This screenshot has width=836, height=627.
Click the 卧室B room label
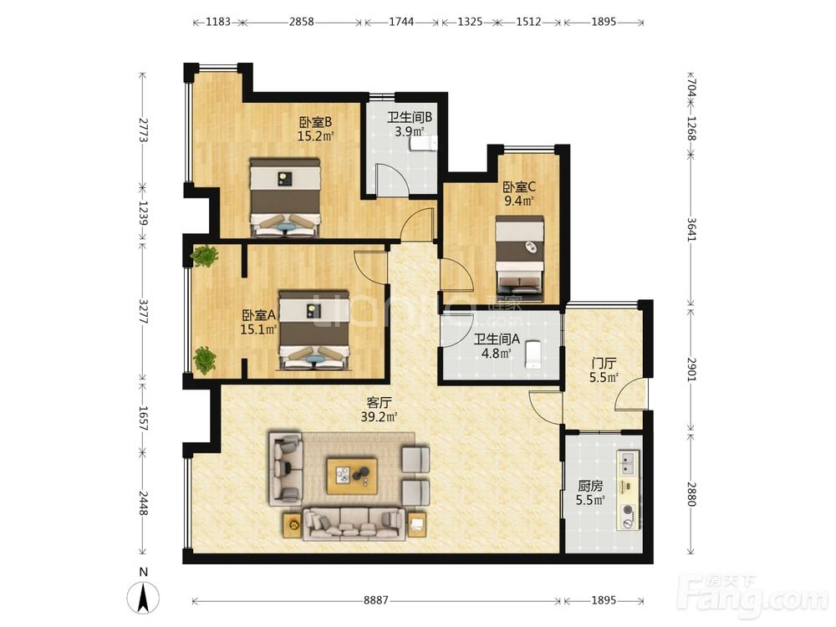point(315,129)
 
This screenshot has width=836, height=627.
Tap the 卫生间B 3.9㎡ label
point(409,124)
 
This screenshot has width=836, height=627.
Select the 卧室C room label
point(519,194)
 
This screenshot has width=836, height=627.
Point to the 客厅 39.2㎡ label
point(379,410)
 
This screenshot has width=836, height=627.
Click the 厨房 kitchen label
point(590,493)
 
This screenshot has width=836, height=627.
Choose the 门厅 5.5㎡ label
point(604,370)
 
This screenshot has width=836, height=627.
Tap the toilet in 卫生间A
point(533,354)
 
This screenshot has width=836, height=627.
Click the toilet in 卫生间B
point(423,144)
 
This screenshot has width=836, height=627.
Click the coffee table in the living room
point(352,475)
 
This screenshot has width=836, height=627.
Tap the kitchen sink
point(628,463)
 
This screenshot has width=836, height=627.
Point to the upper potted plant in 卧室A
point(204,256)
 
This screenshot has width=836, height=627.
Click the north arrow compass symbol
point(144,597)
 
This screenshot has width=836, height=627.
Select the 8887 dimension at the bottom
point(376,600)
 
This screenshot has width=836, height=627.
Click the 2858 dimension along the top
point(301,22)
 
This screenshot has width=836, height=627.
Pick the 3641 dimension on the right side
point(691,229)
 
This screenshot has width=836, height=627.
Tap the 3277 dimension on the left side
point(143,311)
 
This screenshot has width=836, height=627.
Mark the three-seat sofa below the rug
point(353,523)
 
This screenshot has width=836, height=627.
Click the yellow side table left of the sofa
point(293,525)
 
